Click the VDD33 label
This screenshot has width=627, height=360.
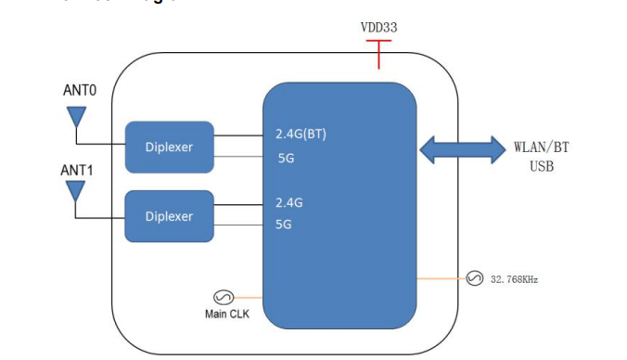pos(378,28)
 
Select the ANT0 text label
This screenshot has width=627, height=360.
pos(80,91)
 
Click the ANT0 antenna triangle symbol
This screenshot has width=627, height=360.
pos(75,118)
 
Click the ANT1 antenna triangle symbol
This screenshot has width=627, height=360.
pos(75,191)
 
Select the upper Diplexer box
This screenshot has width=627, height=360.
pos(169,147)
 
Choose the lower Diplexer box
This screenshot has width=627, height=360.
pos(169,215)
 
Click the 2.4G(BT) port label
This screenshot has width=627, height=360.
pos(301,134)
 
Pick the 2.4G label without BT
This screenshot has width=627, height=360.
pos(289,200)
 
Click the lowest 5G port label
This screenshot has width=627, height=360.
pos(284,224)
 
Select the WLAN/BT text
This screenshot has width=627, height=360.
pos(542,148)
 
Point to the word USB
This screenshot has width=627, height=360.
pos(541,166)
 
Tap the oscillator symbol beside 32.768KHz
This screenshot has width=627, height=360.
pos(474,278)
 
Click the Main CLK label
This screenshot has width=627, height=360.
pos(226,314)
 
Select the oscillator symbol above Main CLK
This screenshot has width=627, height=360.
pos(223,297)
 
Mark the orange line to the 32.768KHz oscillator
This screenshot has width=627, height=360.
pos(441,278)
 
